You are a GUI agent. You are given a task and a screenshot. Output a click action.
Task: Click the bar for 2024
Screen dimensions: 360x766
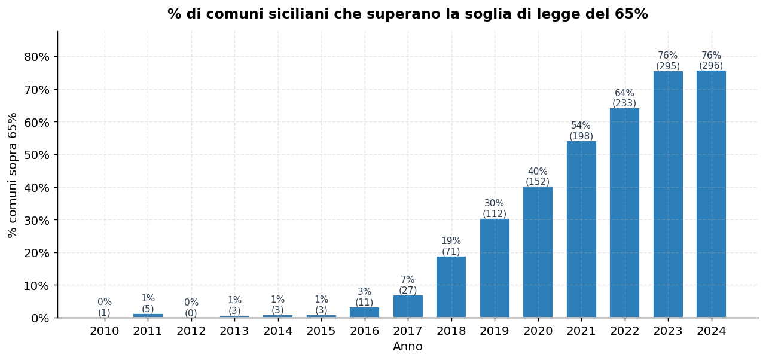(711, 194)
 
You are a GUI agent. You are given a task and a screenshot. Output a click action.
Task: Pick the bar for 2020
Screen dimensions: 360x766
(538, 252)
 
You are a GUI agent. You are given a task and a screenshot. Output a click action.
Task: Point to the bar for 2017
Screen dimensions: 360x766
(408, 306)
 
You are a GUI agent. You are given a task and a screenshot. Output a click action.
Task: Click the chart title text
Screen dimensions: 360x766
(407, 14)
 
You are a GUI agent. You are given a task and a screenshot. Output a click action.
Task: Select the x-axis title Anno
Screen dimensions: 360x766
(407, 347)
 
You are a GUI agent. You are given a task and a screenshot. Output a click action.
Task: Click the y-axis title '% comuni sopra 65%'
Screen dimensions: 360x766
(13, 175)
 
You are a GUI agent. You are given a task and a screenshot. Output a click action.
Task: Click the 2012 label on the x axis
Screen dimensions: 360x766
(191, 331)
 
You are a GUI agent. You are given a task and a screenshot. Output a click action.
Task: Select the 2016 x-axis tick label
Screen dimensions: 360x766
(364, 331)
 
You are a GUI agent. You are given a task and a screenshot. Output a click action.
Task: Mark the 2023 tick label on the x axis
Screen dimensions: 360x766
(668, 331)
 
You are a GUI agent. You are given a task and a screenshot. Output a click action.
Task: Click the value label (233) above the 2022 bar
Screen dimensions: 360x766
(624, 103)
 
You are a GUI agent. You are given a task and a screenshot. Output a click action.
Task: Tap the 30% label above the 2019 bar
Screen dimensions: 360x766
(494, 203)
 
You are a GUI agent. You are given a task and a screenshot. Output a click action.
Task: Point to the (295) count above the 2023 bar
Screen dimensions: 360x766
(668, 66)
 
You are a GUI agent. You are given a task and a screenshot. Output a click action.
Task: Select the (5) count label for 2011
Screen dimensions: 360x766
(148, 309)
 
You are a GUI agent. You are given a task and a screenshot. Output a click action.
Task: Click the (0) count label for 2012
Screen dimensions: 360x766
(191, 313)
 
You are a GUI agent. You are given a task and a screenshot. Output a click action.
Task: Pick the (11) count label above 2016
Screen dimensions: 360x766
(364, 302)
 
